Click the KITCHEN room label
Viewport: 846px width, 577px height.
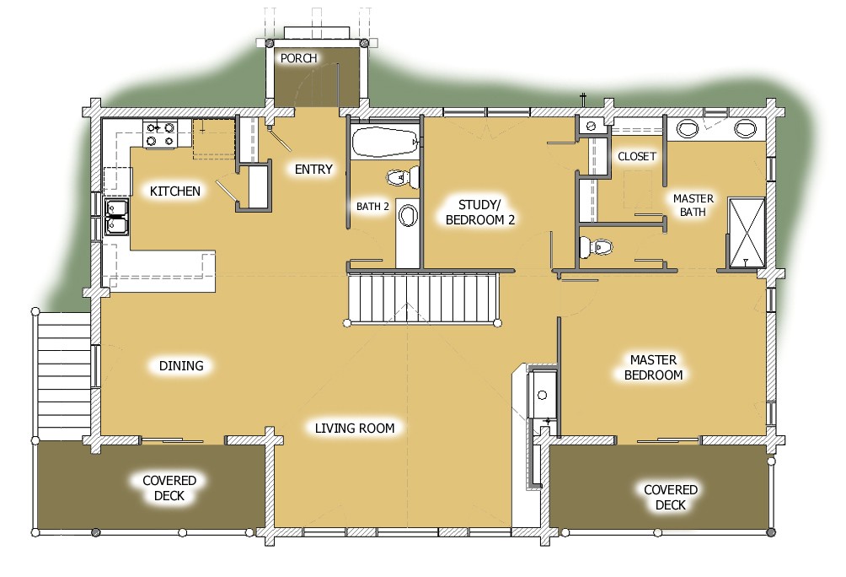[175, 191]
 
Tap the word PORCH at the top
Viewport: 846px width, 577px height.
[298, 58]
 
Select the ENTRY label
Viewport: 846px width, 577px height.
[313, 170]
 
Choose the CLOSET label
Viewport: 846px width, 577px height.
[636, 157]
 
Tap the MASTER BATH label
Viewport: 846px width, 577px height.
[693, 205]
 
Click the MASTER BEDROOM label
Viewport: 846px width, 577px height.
[650, 367]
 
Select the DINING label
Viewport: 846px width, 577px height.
[181, 366]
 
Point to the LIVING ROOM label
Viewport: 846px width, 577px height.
[355, 428]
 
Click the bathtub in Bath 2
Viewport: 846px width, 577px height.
[384, 142]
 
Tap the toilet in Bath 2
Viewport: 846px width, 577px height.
[403, 177]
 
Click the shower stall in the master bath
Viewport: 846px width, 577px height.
[746, 230]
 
